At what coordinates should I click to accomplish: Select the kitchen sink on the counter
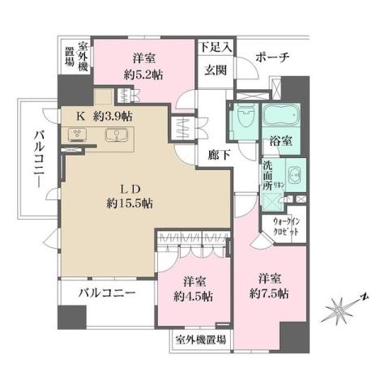(115, 135)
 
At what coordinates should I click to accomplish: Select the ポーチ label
(271, 59)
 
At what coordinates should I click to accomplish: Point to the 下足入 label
(217, 47)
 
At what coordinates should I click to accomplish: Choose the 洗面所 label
(267, 173)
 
